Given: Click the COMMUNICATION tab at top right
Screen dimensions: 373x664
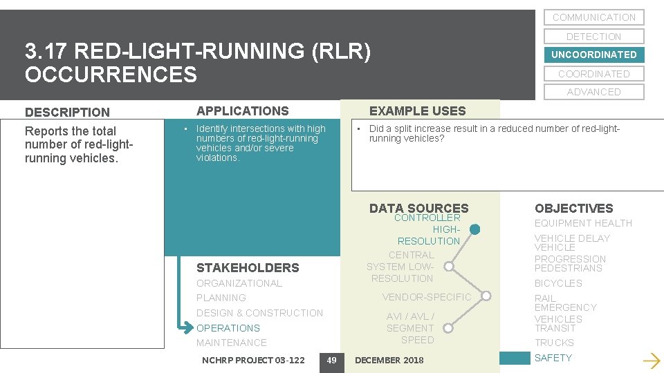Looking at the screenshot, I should point(593,17).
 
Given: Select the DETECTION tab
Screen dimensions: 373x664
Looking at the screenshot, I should point(593,37).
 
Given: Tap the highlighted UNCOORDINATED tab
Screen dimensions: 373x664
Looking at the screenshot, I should point(593,55).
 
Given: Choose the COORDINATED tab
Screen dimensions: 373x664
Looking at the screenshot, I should point(593,74).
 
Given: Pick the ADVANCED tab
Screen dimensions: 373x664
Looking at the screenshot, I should point(593,92).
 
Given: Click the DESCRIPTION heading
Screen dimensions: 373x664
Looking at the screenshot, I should point(67,112).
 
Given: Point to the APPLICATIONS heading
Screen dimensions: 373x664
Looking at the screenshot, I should point(243,111).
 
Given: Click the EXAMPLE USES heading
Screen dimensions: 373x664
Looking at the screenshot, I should point(417,111).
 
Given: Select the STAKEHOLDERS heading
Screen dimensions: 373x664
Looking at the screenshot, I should point(248,268).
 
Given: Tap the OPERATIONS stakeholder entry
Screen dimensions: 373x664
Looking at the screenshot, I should point(228,328).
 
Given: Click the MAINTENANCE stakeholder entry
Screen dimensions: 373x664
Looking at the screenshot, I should point(232,343).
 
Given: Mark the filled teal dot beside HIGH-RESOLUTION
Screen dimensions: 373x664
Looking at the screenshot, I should point(474,229).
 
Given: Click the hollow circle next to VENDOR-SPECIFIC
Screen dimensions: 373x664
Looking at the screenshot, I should point(486,297).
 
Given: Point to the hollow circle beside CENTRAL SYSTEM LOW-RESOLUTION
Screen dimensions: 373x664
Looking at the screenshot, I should point(449,266).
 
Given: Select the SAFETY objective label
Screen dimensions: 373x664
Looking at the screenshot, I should point(553,358).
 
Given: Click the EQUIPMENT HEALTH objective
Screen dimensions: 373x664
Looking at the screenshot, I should point(583,223).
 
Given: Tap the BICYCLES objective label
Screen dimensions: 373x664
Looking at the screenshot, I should point(558,283).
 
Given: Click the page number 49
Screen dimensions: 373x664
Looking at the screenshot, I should point(331,360).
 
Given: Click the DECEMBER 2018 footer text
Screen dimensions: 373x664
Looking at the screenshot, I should point(389,360).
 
